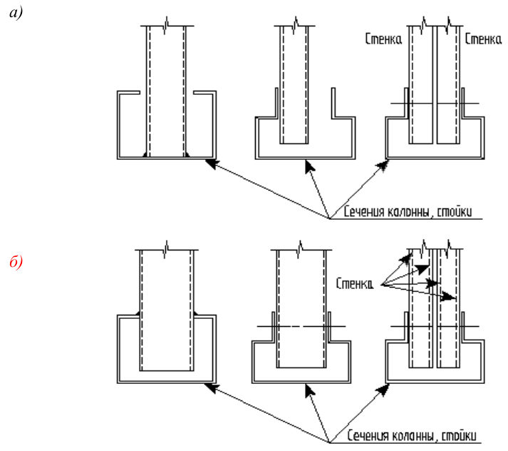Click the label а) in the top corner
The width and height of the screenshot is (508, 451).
pos(16,13)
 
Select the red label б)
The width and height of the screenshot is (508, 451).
pos(16,261)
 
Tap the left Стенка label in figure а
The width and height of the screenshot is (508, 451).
pos(383,39)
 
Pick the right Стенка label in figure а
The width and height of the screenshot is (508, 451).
pos(483,39)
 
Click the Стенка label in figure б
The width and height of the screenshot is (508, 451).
pos(354,283)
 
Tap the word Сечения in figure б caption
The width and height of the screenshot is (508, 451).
pos(368,435)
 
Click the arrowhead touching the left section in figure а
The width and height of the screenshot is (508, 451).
pos(212,163)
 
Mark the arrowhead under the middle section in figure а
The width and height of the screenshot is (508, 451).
pos(309,167)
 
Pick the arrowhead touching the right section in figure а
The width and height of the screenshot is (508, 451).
pos(383,166)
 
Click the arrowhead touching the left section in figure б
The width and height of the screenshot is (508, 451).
pos(212,387)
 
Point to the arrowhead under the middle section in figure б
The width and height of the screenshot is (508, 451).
pos(309,390)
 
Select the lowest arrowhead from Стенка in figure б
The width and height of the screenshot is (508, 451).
pos(449,297)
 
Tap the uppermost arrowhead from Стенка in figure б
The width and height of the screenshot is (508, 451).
pos(405,258)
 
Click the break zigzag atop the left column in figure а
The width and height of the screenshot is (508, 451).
pos(166,25)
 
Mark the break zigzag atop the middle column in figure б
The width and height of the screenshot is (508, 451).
pos(300,249)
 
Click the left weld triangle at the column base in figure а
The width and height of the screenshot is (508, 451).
pos(145,155)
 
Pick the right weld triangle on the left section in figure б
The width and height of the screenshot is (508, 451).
pos(196,313)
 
